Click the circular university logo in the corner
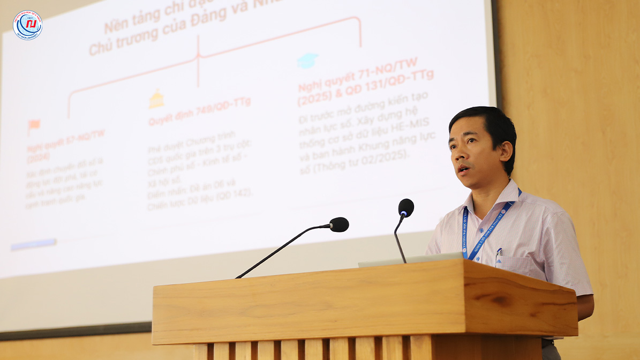click(x=27, y=25)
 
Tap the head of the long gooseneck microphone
click(x=338, y=224)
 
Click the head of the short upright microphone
click(x=406, y=207)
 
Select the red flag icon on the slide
click(x=34, y=126)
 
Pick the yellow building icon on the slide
click(x=156, y=99)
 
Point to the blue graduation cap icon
click(x=307, y=60)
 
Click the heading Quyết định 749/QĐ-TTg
click(x=199, y=111)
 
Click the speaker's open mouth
click(x=463, y=170)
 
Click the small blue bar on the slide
click(x=33, y=244)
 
